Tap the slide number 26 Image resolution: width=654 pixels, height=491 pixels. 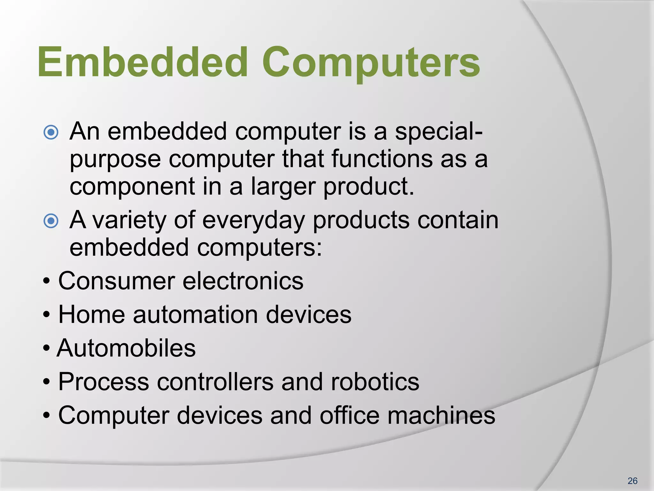pyautogui.click(x=632, y=481)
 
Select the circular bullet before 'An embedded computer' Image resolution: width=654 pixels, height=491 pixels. pyautogui.click(x=51, y=132)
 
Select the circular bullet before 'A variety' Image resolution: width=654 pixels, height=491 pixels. pyautogui.click(x=51, y=221)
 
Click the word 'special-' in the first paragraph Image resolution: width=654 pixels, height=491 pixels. pyautogui.click(x=439, y=132)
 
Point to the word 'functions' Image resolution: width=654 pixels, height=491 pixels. pyautogui.click(x=382, y=159)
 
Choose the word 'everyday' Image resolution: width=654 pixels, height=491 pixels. pyautogui.click(x=254, y=221)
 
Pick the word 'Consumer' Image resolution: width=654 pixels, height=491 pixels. pyautogui.click(x=117, y=281)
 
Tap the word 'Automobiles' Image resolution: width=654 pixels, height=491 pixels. pyautogui.click(x=126, y=348)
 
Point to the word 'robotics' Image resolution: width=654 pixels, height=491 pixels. pyautogui.click(x=375, y=382)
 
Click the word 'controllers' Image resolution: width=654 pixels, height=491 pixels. pyautogui.click(x=215, y=382)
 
